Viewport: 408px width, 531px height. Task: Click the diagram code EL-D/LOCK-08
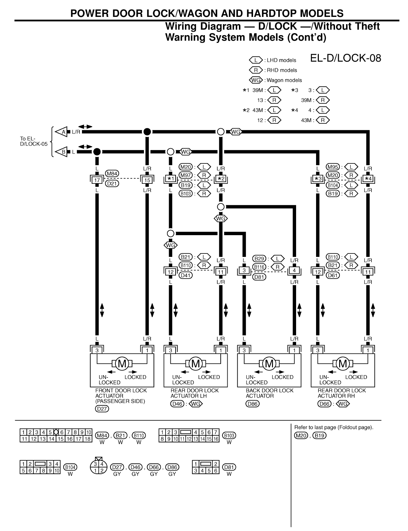[x=345, y=58]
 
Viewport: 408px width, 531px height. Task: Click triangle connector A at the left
[x=63, y=132]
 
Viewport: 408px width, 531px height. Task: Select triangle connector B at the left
[x=63, y=151]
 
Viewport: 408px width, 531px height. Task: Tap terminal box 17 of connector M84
[x=97, y=180]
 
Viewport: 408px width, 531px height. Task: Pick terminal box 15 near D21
[x=147, y=180]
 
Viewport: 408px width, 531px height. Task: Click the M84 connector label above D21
[x=112, y=174]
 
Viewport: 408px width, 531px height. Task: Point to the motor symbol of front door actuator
[x=122, y=363]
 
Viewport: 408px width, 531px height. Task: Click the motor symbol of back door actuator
[x=269, y=363]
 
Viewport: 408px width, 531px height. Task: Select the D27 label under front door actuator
[x=102, y=409]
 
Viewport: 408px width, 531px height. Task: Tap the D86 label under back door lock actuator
[x=252, y=404]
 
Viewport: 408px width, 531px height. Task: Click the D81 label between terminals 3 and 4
[x=259, y=277]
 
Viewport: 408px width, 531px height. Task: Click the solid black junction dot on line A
[x=147, y=132]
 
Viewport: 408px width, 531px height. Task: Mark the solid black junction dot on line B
[x=97, y=151]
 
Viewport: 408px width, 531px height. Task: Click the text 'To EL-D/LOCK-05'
[x=33, y=141]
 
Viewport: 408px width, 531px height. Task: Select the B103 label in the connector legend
[x=229, y=435]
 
